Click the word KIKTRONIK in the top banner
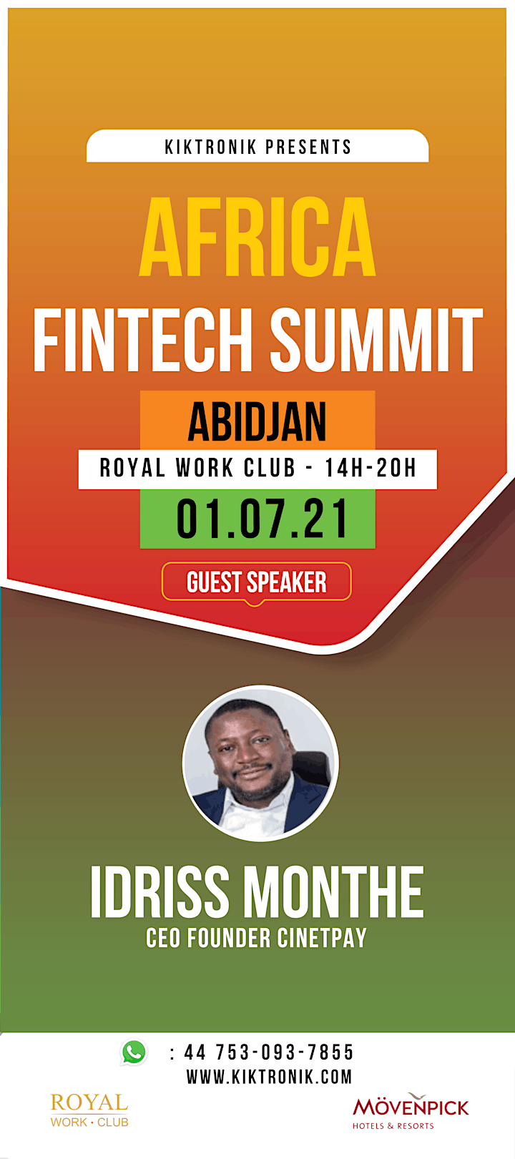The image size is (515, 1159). pyautogui.click(x=210, y=147)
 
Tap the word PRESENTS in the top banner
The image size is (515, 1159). pyautogui.click(x=309, y=147)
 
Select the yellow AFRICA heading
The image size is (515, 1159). pyautogui.click(x=257, y=237)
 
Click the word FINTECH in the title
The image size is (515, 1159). pyautogui.click(x=143, y=339)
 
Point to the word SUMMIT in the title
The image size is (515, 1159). pyautogui.click(x=376, y=339)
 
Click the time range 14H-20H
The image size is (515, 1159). pyautogui.click(x=371, y=469)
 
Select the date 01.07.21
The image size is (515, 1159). pyautogui.click(x=263, y=519)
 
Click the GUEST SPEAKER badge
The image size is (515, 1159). pyautogui.click(x=257, y=582)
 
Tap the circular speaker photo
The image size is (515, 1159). pyautogui.click(x=260, y=763)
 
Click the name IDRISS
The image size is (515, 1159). pyautogui.click(x=160, y=892)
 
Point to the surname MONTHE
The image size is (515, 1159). pyautogui.click(x=333, y=892)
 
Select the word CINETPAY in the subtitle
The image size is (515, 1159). pyautogui.click(x=322, y=937)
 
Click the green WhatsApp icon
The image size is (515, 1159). pyautogui.click(x=134, y=1052)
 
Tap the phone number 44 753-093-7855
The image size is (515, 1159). pyautogui.click(x=269, y=1052)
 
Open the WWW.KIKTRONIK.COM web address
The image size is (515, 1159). pyautogui.click(x=269, y=1077)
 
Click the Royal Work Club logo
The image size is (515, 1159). pyautogui.click(x=89, y=1110)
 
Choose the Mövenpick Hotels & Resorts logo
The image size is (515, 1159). pyautogui.click(x=411, y=1111)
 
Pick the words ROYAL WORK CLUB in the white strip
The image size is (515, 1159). pyautogui.click(x=197, y=469)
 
